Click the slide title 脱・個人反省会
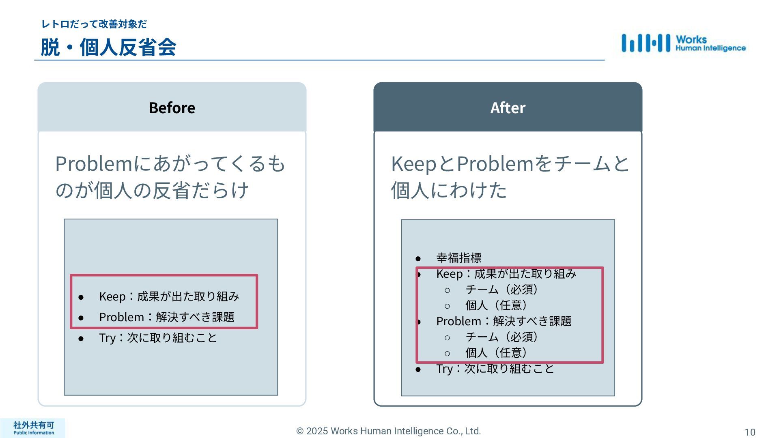[x=108, y=47]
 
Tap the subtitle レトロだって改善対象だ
[x=94, y=24]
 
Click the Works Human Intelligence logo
[x=683, y=43]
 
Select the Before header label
[x=172, y=108]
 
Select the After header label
[x=508, y=108]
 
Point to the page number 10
[x=750, y=432]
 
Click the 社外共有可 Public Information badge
[x=33, y=428]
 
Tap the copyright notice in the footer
[x=388, y=431]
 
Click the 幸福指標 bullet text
[x=458, y=258]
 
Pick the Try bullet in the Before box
[x=158, y=338]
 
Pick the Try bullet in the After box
[x=495, y=369]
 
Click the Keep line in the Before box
[x=169, y=296]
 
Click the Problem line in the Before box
[x=166, y=317]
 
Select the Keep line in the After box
[x=506, y=274]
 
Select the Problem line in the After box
[x=504, y=321]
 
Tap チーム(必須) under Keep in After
[x=501, y=290]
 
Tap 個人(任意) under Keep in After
[x=496, y=305]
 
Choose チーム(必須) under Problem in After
[x=501, y=337]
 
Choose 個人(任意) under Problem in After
[x=496, y=353]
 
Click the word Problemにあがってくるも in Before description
[x=170, y=164]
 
